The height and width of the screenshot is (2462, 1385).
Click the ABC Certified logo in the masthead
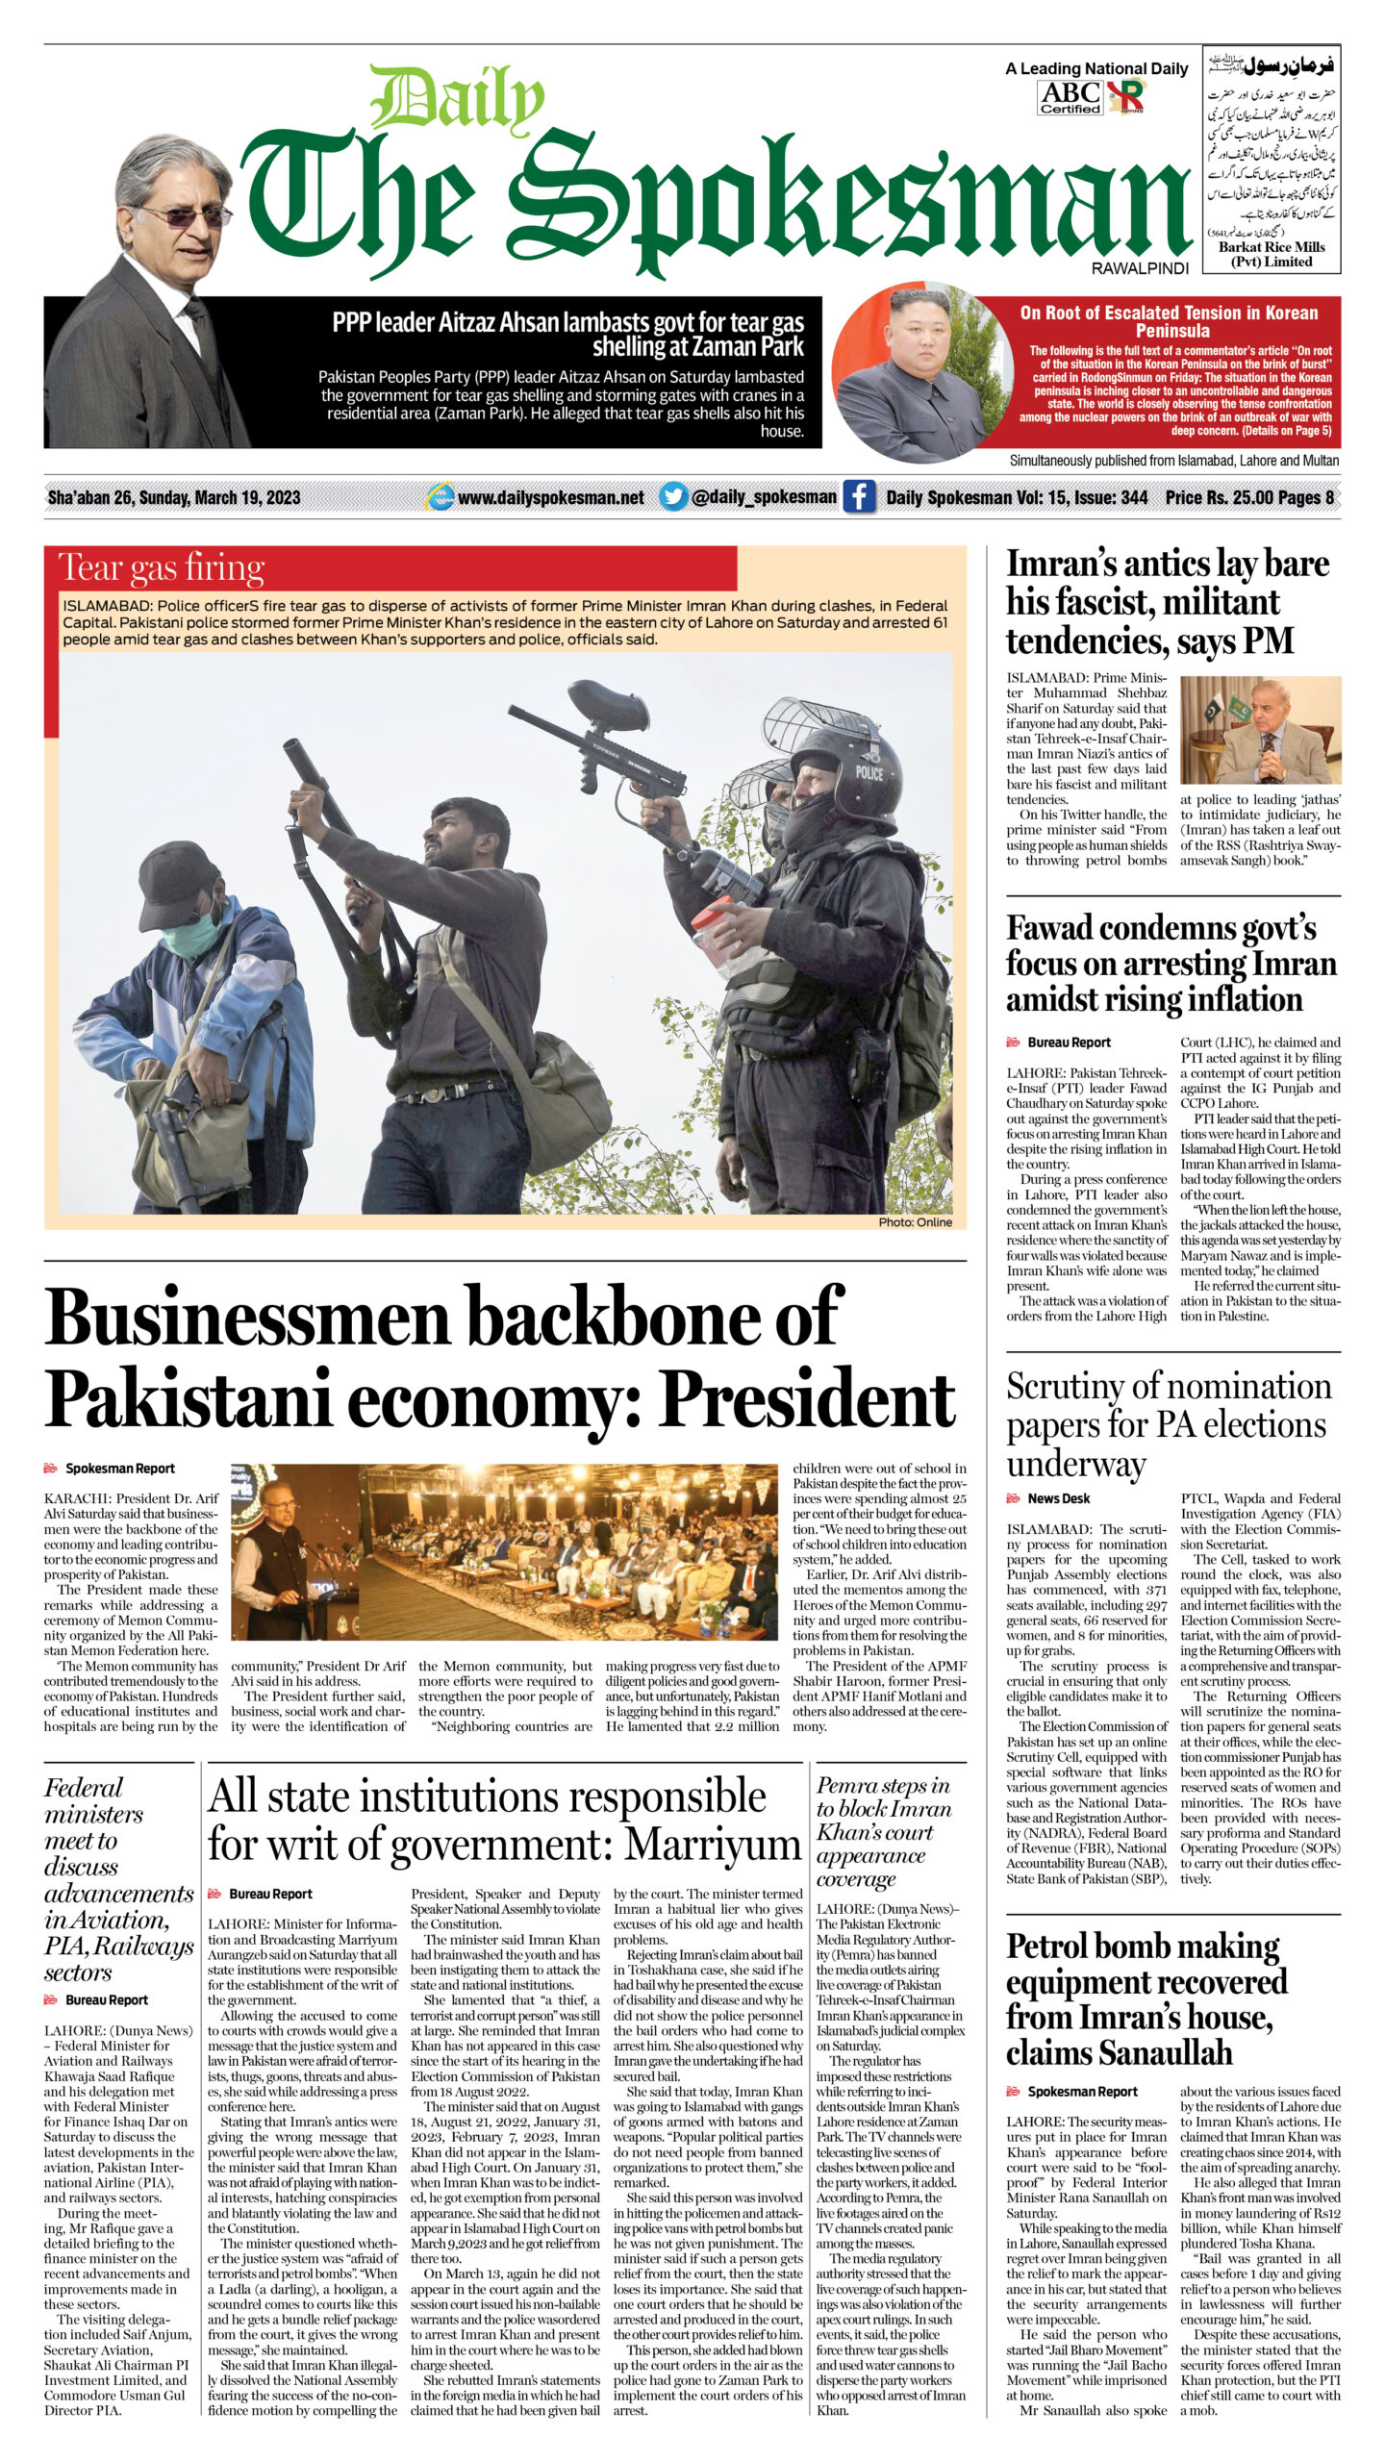(1070, 96)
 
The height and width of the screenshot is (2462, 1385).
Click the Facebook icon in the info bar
(858, 496)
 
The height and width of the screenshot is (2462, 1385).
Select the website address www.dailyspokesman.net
(550, 497)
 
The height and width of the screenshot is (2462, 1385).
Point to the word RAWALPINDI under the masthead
(1140, 268)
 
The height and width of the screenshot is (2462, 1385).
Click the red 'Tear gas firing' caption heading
(162, 567)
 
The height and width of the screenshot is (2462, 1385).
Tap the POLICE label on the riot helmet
(869, 772)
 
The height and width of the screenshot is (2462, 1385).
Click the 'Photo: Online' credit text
(914, 1222)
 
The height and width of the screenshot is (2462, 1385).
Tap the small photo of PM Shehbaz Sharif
(1260, 729)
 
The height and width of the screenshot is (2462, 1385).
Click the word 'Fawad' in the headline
(1051, 928)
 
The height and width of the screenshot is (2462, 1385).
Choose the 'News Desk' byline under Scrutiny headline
(1058, 1498)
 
